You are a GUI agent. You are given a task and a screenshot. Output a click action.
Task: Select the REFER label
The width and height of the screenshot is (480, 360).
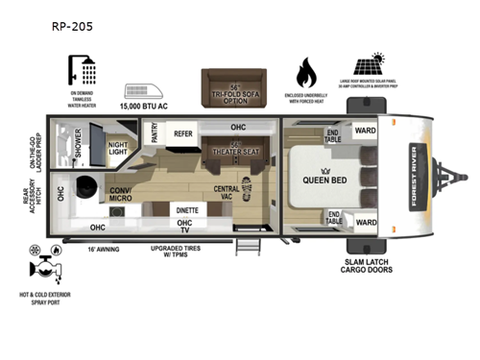pos(183,136)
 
